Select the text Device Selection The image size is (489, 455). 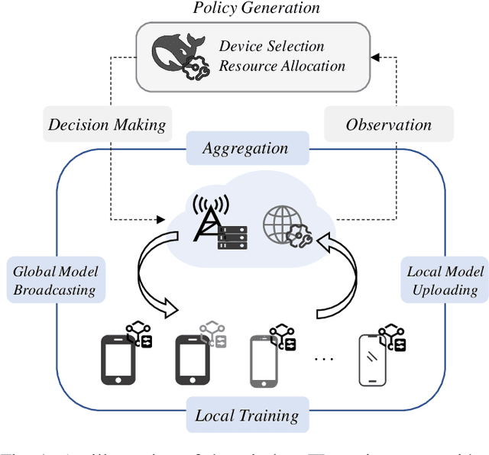pyautogui.click(x=271, y=47)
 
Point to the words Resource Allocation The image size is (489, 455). pyautogui.click(x=282, y=66)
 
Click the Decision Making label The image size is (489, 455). pyautogui.click(x=107, y=124)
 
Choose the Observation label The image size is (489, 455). pyautogui.click(x=388, y=124)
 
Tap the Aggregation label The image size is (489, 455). pyautogui.click(x=244, y=148)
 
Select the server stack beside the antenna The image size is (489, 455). pyautogui.click(x=233, y=237)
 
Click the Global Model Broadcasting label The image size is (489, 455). pyautogui.click(x=56, y=280)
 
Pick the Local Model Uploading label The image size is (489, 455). pyautogui.click(x=445, y=280)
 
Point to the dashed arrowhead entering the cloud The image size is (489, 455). pyautogui.click(x=161, y=219)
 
